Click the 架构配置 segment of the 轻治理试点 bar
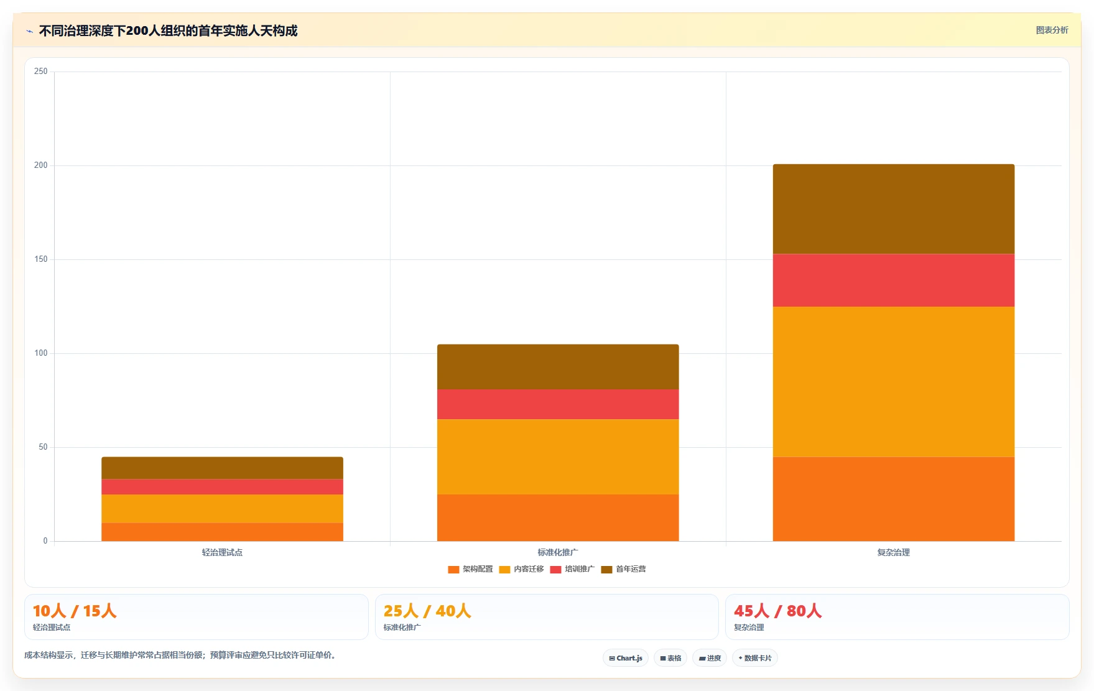[222, 532]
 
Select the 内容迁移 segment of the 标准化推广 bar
[558, 457]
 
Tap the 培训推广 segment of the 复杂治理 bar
[894, 280]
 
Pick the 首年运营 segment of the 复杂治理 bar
[894, 209]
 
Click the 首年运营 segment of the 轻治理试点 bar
[222, 468]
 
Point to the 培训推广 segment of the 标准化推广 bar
[558, 404]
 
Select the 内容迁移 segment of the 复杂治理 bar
[894, 382]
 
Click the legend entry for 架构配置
[470, 569]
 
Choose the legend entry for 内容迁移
[521, 569]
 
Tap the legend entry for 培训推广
[572, 569]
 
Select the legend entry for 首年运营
[623, 569]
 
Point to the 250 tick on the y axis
[41, 72]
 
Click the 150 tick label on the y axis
[41, 259]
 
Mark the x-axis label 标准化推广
[558, 552]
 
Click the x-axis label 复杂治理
[894, 552]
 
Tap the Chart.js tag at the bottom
[626, 658]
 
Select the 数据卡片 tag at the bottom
[755, 658]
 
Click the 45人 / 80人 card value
[777, 611]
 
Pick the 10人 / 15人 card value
[75, 611]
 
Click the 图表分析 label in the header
[1052, 30]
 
